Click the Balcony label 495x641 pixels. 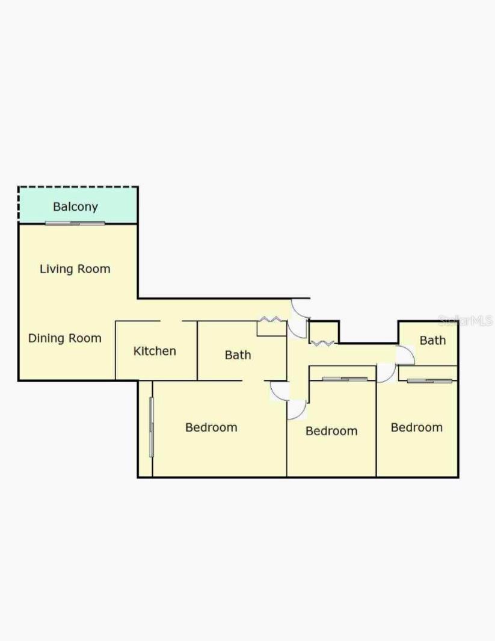click(x=76, y=207)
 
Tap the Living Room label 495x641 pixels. click(x=75, y=269)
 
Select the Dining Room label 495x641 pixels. click(x=65, y=338)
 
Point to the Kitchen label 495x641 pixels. click(x=155, y=351)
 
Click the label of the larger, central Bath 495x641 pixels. click(x=238, y=355)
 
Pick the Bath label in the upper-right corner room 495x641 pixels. click(x=433, y=341)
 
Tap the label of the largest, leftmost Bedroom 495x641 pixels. click(x=211, y=427)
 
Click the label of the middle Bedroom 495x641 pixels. click(x=331, y=431)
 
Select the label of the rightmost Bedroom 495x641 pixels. click(x=417, y=427)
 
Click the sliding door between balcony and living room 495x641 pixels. click(x=75, y=223)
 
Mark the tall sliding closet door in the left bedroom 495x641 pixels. click(x=152, y=427)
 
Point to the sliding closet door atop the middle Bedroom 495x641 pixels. click(x=345, y=379)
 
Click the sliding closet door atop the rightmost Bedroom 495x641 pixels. click(x=429, y=381)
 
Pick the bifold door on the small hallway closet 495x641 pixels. click(x=322, y=342)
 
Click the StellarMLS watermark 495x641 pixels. click(x=466, y=320)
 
